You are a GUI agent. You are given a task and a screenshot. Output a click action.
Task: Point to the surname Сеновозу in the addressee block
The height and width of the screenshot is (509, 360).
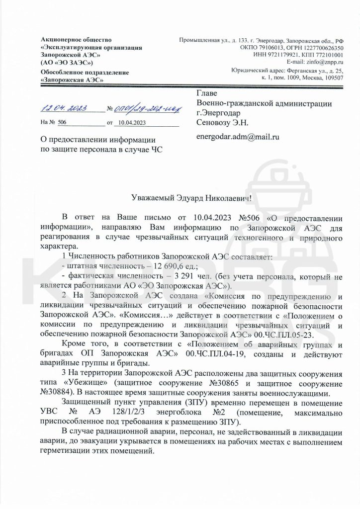(x=215, y=122)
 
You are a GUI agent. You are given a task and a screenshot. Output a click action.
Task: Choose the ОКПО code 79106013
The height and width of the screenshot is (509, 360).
(x=269, y=47)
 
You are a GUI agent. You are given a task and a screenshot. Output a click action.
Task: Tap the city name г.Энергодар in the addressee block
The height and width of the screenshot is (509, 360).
(x=218, y=112)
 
